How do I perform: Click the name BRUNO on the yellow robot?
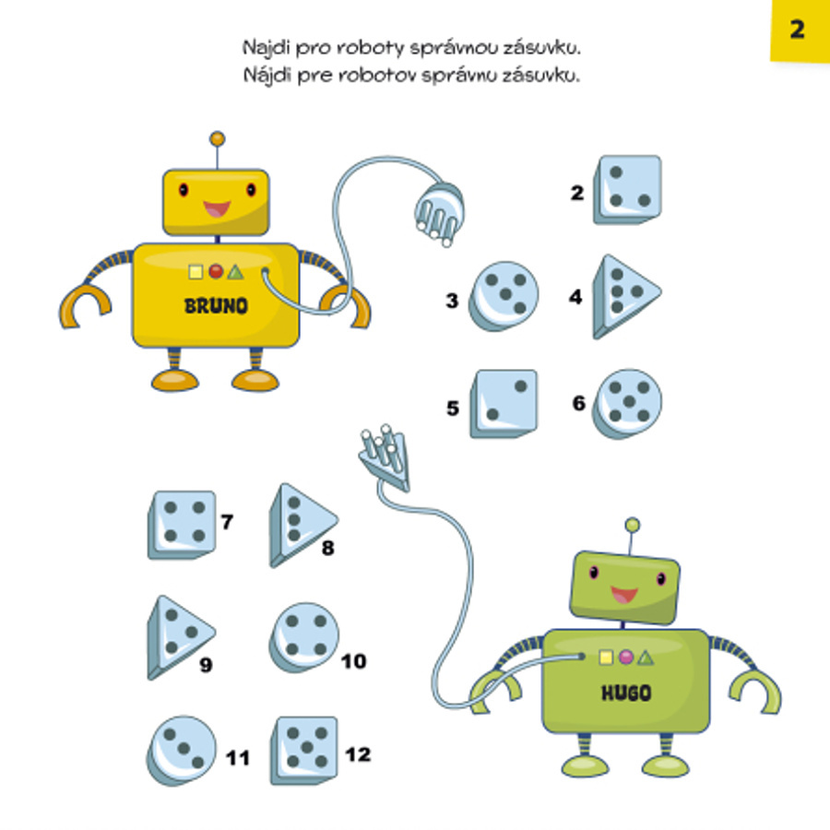click(216, 306)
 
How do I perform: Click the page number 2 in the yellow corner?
click(798, 30)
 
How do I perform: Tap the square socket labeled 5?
click(503, 403)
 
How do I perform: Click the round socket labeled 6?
click(626, 403)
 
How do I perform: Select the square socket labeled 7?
click(182, 524)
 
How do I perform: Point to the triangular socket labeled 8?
click(301, 524)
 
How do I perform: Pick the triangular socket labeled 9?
click(179, 635)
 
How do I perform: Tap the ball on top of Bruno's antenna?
click(218, 139)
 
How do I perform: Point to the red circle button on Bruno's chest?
click(215, 271)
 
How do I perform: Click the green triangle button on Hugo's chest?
click(645, 658)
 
